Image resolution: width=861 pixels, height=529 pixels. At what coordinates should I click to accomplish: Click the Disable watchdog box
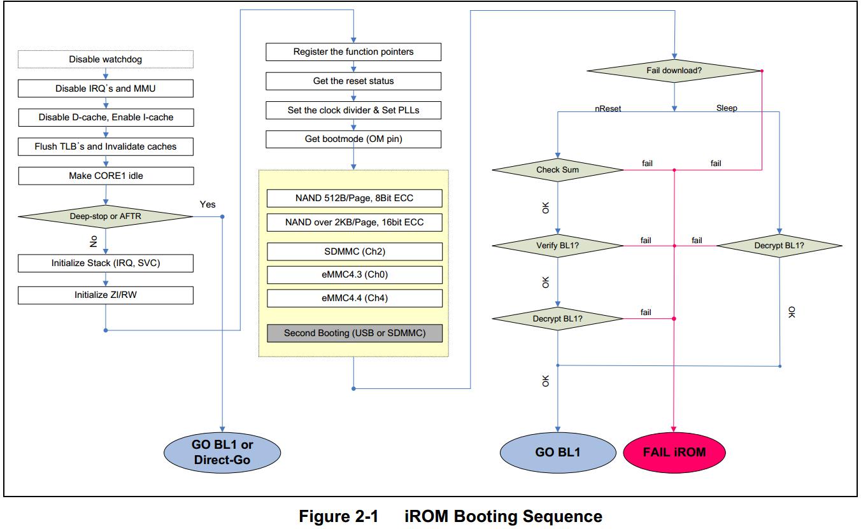pos(105,59)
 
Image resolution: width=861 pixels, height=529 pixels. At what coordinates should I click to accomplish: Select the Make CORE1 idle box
pos(105,176)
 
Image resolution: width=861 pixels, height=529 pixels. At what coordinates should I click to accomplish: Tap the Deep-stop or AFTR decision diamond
pos(105,216)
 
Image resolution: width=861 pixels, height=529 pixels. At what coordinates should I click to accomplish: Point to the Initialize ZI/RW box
pos(105,295)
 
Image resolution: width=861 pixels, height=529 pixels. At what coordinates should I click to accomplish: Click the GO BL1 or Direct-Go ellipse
pos(222,452)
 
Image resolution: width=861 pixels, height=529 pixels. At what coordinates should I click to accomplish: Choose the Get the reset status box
pos(353,81)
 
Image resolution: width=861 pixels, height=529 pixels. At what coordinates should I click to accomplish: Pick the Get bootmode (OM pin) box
pos(353,139)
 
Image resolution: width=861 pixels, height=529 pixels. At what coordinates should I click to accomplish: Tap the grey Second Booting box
pos(354,332)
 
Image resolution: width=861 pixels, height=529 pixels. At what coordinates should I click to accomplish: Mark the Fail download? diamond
pos(674,70)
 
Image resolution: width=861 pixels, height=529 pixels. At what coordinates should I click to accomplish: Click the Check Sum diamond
pos(558,170)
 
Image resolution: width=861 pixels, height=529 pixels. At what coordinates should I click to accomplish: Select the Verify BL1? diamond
pos(558,245)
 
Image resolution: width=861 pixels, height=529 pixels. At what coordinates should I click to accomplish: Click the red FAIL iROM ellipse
pos(674,452)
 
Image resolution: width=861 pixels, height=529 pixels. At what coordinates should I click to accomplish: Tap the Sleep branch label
pos(727,108)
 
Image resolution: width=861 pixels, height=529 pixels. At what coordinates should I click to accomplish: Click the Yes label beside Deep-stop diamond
pos(208,205)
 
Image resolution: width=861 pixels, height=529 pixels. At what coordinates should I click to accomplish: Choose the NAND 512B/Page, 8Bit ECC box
pos(354,199)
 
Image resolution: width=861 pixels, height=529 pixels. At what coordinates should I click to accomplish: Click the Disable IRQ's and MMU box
pos(105,88)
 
